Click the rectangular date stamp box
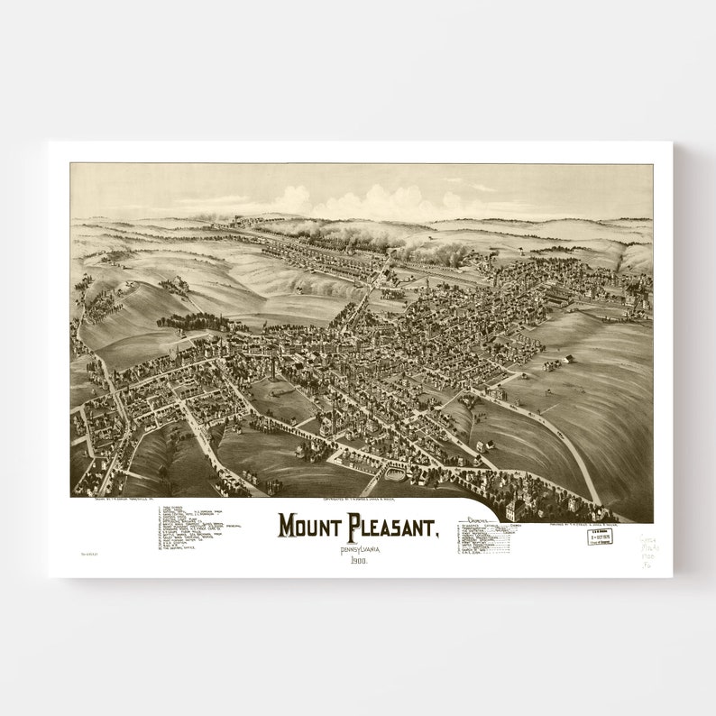point(600,537)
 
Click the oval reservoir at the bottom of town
point(396,473)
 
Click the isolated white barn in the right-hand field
point(568,360)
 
